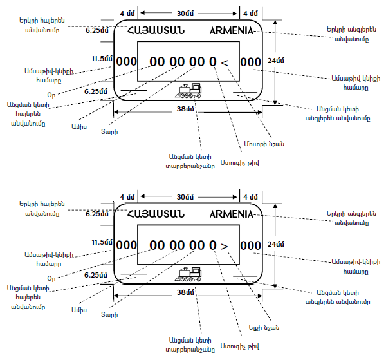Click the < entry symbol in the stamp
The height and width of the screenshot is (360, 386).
225,62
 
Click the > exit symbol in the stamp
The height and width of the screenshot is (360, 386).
225,245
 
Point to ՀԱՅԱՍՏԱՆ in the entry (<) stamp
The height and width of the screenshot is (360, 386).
156,30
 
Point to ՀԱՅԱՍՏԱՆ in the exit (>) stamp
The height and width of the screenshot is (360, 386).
156,214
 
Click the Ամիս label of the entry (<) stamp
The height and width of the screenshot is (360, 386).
77,126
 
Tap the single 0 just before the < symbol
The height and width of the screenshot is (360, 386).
212,62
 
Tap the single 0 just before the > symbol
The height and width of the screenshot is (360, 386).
212,245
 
